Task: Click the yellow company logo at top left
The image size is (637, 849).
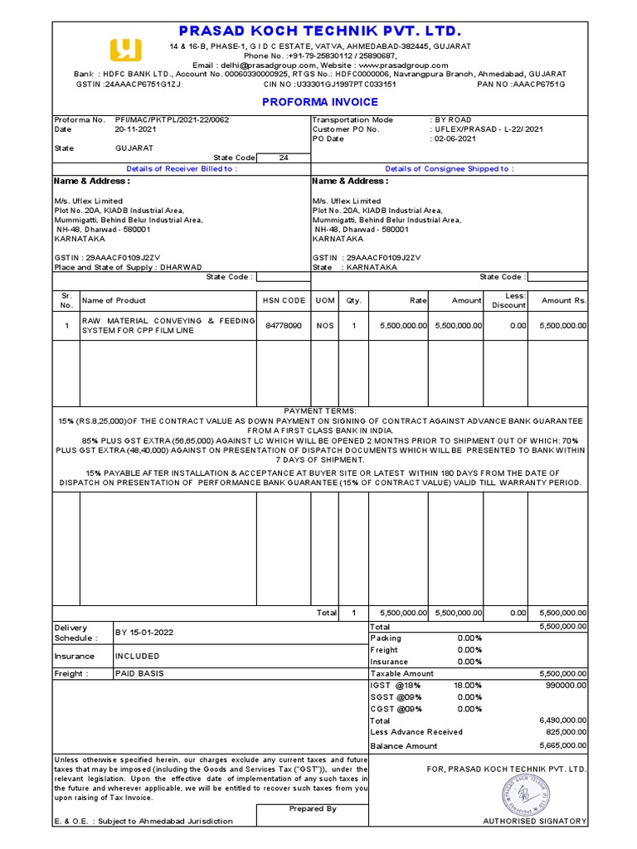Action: click(x=124, y=49)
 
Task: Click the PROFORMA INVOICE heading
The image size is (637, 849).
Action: click(x=320, y=102)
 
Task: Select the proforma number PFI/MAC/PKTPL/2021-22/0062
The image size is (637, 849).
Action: click(x=172, y=119)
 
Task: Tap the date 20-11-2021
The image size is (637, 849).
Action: click(x=136, y=129)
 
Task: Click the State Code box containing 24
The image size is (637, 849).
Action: click(x=284, y=158)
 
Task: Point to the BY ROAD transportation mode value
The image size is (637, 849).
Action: click(x=453, y=119)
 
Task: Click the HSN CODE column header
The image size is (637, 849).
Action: click(x=284, y=300)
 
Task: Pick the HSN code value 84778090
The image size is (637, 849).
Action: click(x=284, y=326)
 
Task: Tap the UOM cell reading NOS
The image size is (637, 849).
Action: click(x=324, y=326)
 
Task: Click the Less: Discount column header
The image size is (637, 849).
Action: click(x=508, y=300)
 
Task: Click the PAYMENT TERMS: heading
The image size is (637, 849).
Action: click(x=320, y=410)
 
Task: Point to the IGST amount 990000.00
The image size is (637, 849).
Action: click(x=564, y=685)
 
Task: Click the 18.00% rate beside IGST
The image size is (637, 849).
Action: click(x=469, y=685)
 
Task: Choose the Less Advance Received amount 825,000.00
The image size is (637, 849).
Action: click(x=563, y=732)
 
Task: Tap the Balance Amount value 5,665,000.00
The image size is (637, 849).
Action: click(x=562, y=746)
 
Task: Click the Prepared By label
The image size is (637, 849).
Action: click(x=313, y=808)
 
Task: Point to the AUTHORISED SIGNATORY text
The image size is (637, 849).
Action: click(x=535, y=821)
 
